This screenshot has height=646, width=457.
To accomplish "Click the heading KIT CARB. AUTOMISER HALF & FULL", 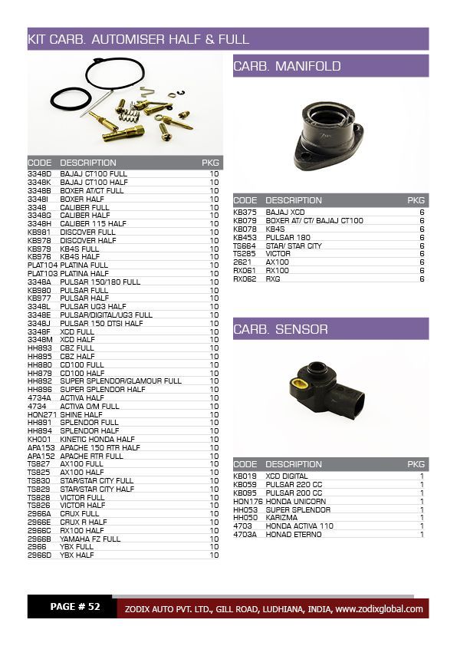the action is point(138,39).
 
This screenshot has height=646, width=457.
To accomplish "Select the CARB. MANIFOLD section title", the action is point(287,67).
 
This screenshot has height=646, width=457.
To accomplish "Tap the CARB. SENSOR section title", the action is point(281,329).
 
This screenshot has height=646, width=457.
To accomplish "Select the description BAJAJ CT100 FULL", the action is point(94,174).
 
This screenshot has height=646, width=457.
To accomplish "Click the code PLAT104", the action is point(42,265).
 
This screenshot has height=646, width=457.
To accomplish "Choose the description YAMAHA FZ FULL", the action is point(90,539).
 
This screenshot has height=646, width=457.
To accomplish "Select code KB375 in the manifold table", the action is point(245,212).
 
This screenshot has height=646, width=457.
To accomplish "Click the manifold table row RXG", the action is point(274,279).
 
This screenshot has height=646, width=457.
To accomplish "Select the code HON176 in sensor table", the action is point(247,501).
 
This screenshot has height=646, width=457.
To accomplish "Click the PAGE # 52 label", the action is point(75,607).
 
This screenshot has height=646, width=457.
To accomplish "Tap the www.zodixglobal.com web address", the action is point(379,609).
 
